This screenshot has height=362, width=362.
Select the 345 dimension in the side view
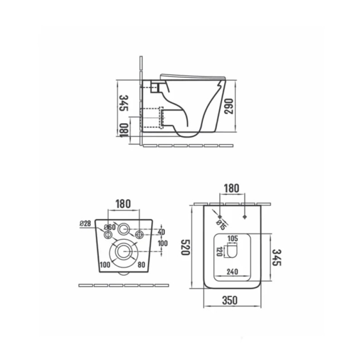click(124, 103)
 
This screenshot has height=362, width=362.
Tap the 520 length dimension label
click(185, 247)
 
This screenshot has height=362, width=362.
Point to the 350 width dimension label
click(230, 300)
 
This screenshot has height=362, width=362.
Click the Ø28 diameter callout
click(86, 224)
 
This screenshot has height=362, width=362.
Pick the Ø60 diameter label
click(110, 227)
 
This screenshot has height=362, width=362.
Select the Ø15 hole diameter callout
click(221, 224)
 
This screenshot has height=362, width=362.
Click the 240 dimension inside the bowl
click(232, 272)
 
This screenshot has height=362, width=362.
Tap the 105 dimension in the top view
click(233, 238)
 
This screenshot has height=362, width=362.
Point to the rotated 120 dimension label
click(219, 252)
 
